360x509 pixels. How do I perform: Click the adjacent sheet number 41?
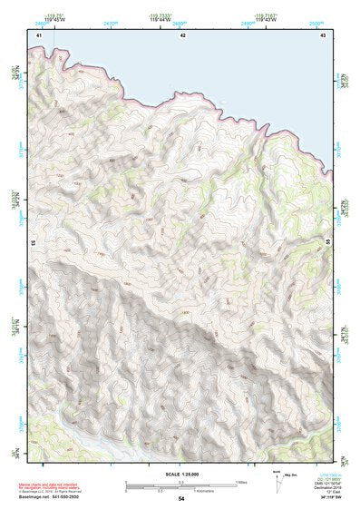38,34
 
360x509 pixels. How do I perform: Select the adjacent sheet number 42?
182,34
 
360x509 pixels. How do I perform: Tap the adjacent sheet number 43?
324,34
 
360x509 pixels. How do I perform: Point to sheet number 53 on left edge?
33,243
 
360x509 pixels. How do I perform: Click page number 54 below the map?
181,499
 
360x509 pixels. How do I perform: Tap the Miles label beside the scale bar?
241,483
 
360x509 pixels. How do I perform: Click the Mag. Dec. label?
289,474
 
